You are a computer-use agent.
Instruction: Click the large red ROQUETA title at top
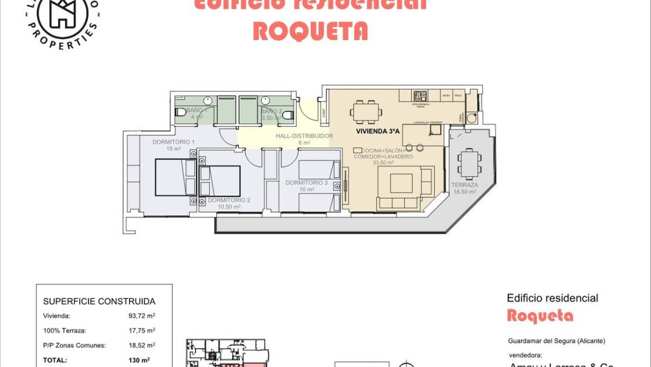point(310,31)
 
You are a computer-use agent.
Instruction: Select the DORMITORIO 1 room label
point(173,142)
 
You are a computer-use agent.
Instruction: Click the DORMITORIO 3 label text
point(306,183)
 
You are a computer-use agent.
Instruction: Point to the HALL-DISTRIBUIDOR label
point(304,136)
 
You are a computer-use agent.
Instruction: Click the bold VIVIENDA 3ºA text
point(378,132)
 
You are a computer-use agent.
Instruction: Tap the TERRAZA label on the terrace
point(464,185)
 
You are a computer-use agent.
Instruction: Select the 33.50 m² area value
point(384,163)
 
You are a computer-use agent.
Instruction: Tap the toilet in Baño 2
point(287,115)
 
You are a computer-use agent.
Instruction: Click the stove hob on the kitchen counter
point(419,95)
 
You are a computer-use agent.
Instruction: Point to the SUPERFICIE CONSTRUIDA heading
point(99,301)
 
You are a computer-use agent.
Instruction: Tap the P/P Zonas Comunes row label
point(74,345)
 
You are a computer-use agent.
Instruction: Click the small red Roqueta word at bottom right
point(540,315)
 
